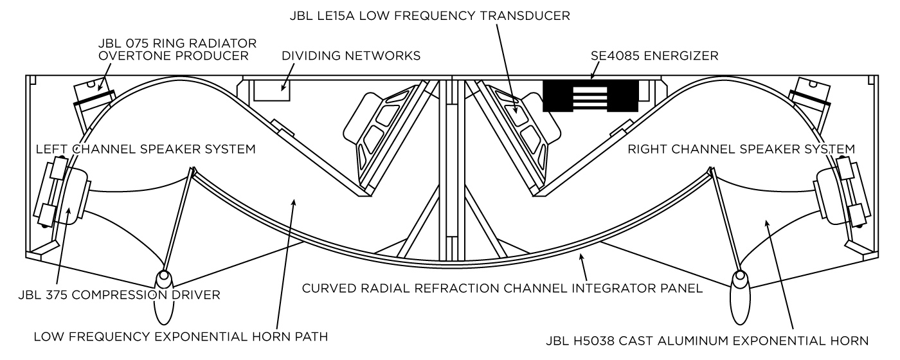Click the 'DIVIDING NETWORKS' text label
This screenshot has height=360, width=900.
[351, 56]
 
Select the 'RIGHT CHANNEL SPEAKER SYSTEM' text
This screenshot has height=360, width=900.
[741, 149]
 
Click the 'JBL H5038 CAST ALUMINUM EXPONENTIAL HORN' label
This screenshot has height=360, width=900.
[705, 340]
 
